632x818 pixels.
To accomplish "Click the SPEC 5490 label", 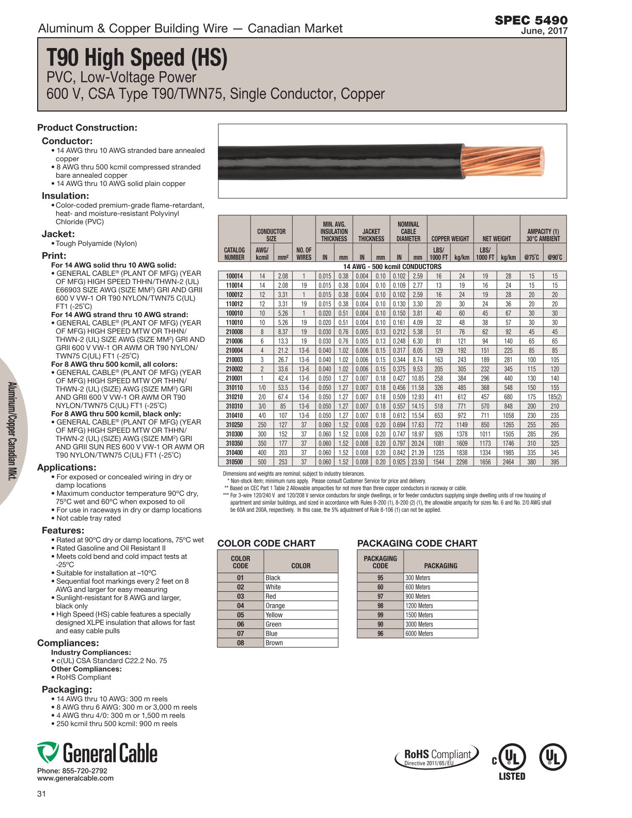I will (531, 20).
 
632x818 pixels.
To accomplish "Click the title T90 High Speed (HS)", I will (137, 58).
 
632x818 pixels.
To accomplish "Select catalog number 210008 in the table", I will (234, 332).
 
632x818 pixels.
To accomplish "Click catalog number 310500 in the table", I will (234, 462).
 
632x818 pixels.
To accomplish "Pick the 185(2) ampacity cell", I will (555, 397).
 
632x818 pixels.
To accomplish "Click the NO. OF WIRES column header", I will (304, 254).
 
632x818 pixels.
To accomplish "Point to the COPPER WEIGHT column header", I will (450, 239).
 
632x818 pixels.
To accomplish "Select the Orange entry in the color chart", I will (275, 606).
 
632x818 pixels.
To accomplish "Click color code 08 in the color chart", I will (241, 643).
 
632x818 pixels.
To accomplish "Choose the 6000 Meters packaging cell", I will (419, 634).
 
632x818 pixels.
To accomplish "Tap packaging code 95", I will (381, 578).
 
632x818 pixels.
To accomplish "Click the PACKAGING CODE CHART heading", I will (417, 543).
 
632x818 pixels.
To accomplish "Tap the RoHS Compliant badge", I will (437, 757).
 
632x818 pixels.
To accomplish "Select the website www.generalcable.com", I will (75, 778).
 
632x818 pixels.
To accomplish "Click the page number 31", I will (42, 794).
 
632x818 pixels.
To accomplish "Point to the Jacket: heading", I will (58, 234).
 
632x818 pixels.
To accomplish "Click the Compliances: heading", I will (68, 643).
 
